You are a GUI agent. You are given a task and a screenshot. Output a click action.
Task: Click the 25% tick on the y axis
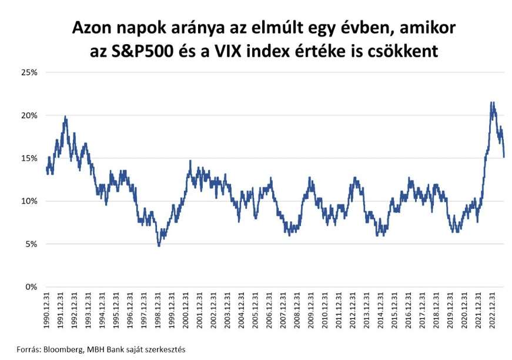28,72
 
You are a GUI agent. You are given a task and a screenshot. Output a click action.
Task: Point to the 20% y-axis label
28,115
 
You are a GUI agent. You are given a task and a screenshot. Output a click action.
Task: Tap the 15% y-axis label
28,158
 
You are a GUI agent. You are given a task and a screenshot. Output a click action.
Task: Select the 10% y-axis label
28,201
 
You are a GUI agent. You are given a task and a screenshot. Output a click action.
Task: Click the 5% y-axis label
30,244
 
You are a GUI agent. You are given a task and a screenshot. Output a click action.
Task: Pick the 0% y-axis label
30,287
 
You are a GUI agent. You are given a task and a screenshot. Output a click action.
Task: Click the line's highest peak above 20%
492,102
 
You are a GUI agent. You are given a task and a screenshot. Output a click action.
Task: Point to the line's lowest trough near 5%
159,245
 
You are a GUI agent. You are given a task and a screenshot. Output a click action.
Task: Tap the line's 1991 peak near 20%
65,116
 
